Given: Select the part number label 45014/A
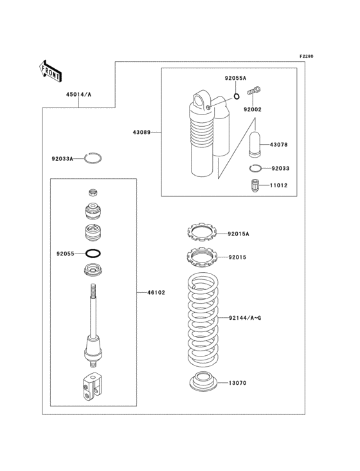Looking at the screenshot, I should tap(78, 94).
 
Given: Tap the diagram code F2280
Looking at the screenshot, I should tap(305, 57).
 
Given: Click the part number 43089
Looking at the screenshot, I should tap(141, 132).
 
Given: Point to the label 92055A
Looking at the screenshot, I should tap(235, 78).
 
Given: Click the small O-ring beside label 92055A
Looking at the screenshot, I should tap(237, 97).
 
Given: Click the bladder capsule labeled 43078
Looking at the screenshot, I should tap(254, 145).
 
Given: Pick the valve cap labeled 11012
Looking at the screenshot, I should tap(255, 186).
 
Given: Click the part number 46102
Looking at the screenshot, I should tap(156, 292).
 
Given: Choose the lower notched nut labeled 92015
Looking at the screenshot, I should tap(203, 256).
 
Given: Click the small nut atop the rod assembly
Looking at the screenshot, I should tap(93, 192).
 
